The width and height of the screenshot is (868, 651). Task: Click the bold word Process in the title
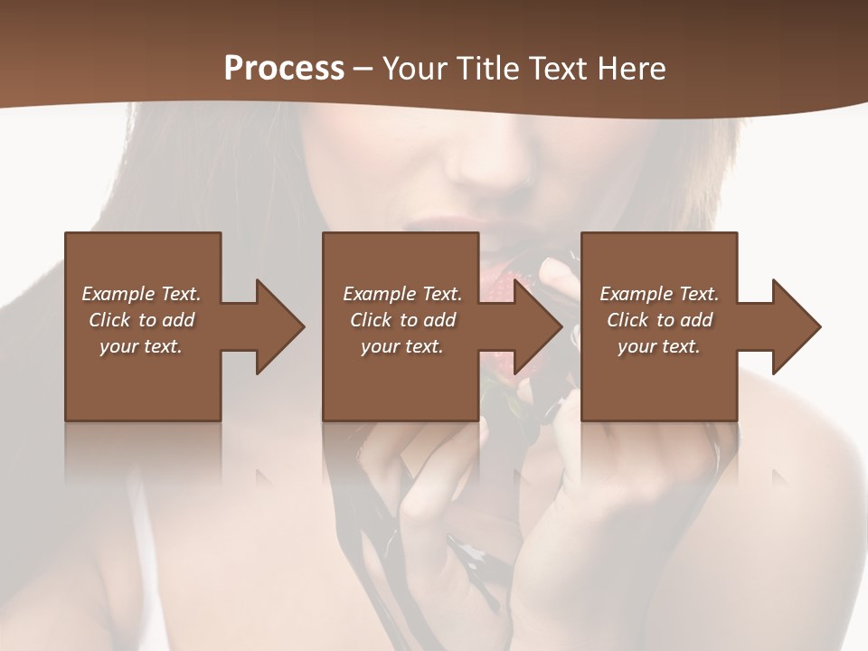pyautogui.click(x=284, y=69)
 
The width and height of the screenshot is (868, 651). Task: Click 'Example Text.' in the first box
pyautogui.click(x=141, y=294)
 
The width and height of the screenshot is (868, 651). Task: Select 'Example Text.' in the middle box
pyautogui.click(x=402, y=294)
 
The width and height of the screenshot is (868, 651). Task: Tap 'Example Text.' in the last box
pyautogui.click(x=659, y=294)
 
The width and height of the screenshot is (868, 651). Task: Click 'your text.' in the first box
pyautogui.click(x=141, y=346)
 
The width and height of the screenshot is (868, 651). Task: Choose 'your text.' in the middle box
pyautogui.click(x=402, y=346)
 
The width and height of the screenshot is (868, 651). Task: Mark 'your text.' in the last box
pyautogui.click(x=659, y=346)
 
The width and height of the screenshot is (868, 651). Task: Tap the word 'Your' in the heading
pyautogui.click(x=413, y=69)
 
